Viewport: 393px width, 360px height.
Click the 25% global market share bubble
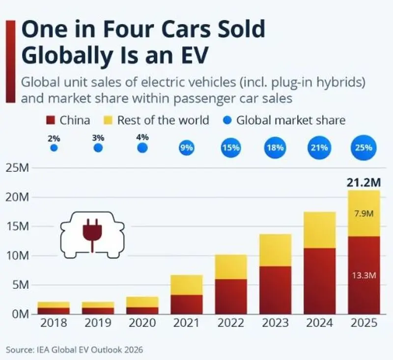click(364, 147)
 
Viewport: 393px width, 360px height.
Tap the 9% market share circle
click(187, 148)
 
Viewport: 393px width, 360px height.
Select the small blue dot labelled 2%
click(54, 148)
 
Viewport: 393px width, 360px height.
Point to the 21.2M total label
click(364, 183)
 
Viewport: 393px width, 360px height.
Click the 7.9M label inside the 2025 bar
click(364, 214)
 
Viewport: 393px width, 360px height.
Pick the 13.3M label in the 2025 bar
click(364, 276)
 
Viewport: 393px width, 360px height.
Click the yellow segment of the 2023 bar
click(276, 250)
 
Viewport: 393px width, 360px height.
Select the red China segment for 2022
click(231, 297)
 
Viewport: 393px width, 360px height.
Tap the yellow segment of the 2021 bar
click(187, 285)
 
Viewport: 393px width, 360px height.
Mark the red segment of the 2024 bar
click(320, 281)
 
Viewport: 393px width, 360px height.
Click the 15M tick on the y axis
click(17, 227)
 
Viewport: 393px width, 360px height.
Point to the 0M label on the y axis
click(21, 314)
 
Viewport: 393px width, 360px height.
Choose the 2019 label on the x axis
click(98, 323)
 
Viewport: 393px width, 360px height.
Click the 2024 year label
click(320, 323)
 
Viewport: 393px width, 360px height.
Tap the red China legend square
click(51, 120)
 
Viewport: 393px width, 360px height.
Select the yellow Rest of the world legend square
click(108, 120)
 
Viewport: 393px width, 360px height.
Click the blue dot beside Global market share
click(227, 120)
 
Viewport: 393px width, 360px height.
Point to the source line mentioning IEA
click(75, 350)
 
